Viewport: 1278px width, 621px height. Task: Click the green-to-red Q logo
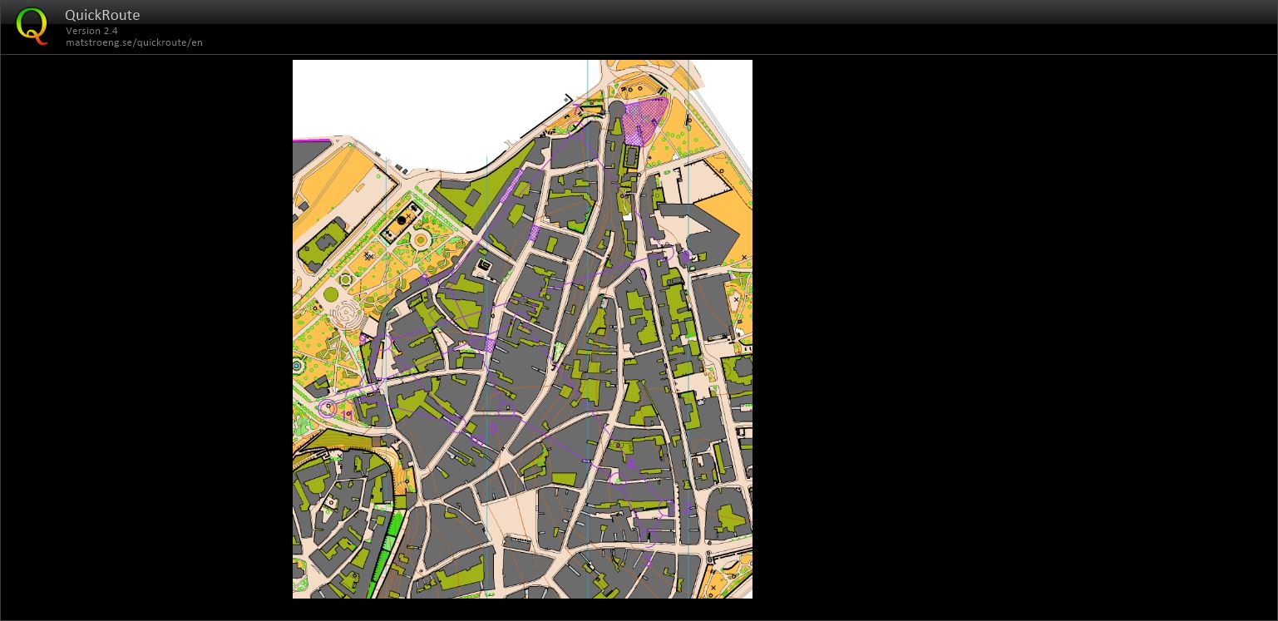32,26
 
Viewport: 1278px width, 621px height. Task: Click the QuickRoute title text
102,15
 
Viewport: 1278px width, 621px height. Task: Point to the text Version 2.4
91,31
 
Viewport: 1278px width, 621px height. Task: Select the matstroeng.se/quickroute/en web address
134,42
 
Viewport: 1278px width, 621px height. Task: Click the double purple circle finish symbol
328,408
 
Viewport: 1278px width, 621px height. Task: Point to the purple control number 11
630,463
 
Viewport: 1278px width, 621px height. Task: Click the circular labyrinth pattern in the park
344,314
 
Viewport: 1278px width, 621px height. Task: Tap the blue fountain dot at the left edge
297,366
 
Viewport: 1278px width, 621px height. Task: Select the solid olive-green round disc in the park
331,294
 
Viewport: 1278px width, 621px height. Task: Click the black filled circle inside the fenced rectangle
402,220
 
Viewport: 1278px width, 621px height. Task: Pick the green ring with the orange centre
421,241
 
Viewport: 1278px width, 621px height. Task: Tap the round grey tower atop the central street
616,109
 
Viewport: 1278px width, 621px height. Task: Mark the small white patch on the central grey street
628,217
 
